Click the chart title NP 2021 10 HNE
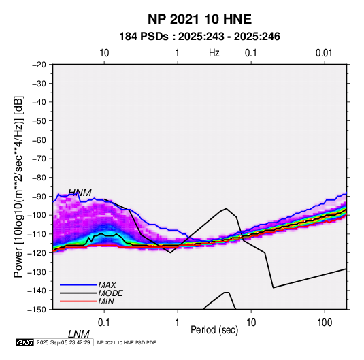point(199,19)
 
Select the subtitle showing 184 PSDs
point(199,37)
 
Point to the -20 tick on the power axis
point(39,65)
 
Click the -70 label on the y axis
point(39,159)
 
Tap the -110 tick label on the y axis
point(37,234)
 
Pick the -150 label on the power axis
point(37,310)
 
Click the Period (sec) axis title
point(214,330)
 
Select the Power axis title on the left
point(18,186)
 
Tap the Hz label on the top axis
point(214,53)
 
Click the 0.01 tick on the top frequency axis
point(324,53)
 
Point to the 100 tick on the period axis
point(325,323)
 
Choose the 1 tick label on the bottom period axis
point(178,323)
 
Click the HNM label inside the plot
point(80,193)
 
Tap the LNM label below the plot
point(79,334)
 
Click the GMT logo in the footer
point(25,342)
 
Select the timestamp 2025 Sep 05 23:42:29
point(63,342)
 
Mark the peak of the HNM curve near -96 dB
point(226,208)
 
